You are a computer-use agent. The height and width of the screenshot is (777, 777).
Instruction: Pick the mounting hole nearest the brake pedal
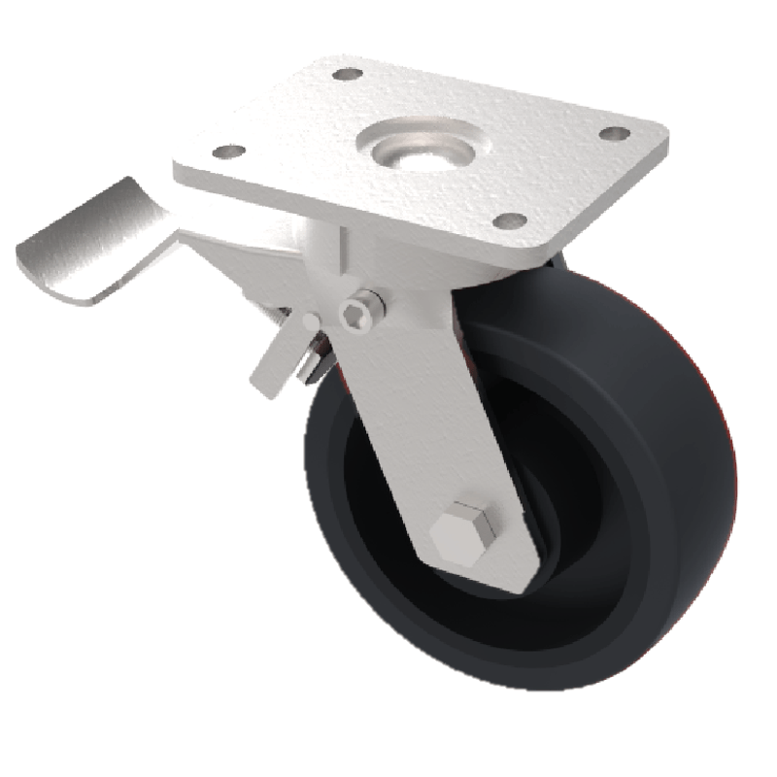[x=228, y=152]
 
